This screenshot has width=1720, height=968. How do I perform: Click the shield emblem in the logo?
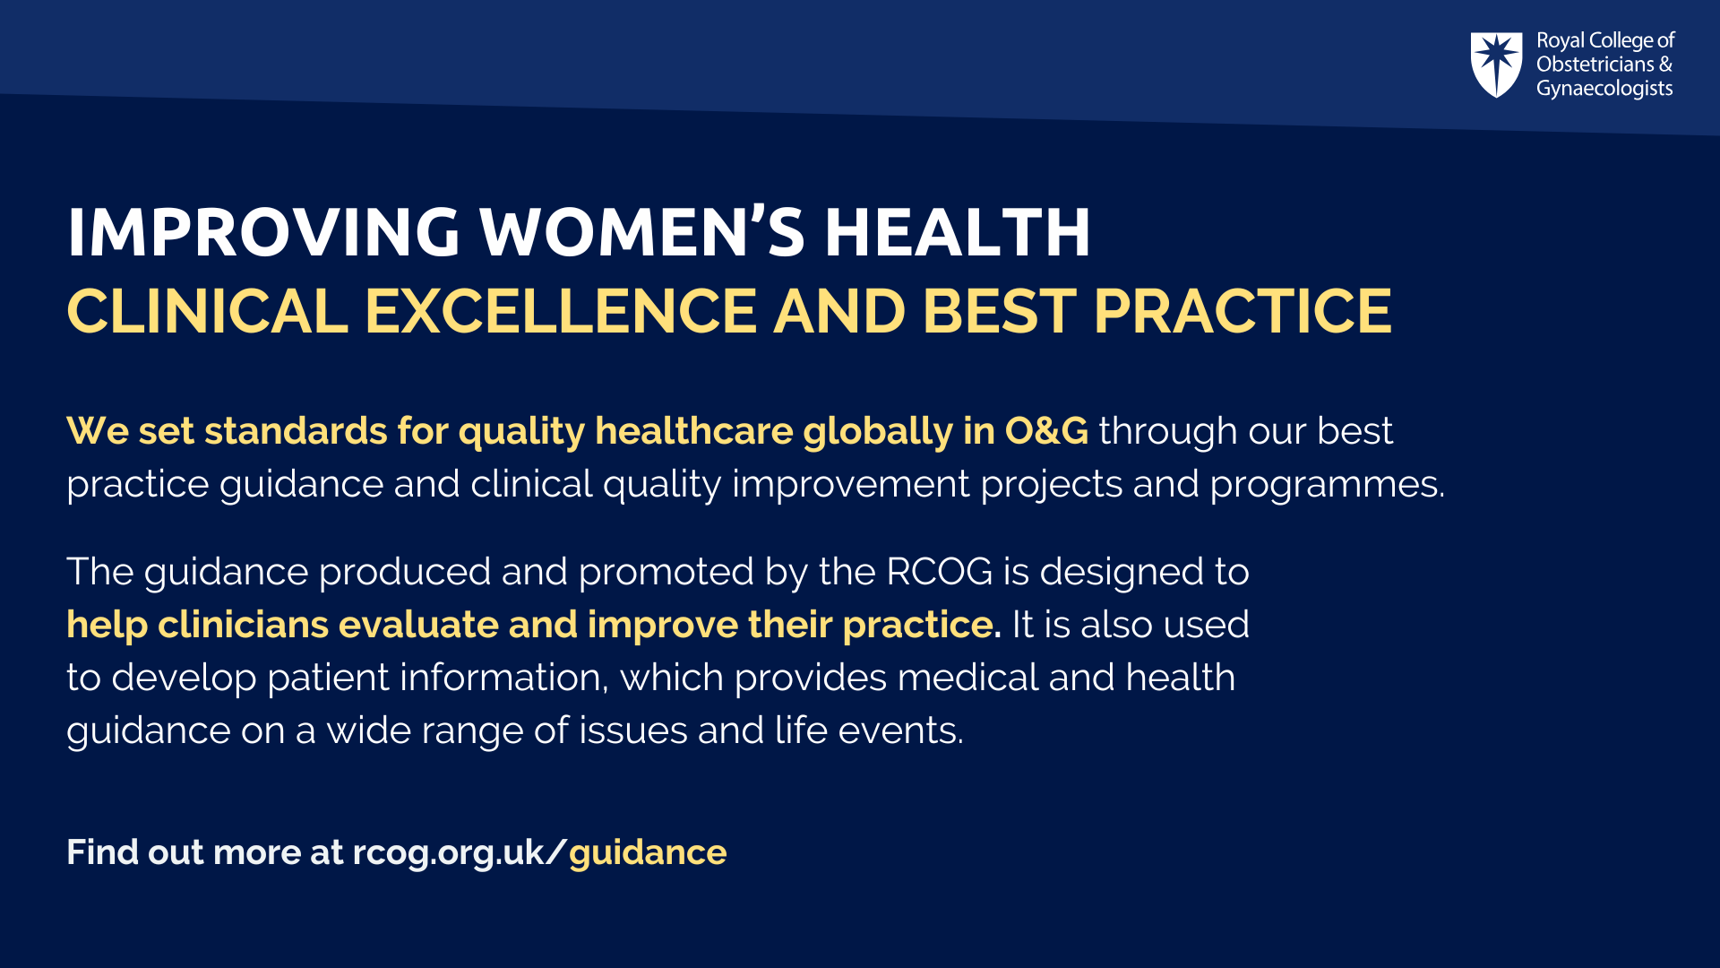point(1496,65)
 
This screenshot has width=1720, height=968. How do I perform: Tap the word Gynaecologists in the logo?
point(1604,89)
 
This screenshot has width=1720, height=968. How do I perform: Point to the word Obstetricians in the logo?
point(1595,65)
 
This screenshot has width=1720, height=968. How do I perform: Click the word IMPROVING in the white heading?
point(263,232)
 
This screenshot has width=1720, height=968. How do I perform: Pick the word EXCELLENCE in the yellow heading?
point(562,311)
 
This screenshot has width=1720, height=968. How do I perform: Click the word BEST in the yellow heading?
point(1000,311)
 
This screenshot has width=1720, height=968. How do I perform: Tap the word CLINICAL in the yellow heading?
point(208,311)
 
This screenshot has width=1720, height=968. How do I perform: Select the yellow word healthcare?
point(694,431)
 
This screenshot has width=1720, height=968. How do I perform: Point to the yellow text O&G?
point(1046,431)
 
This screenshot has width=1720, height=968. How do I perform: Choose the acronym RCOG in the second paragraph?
point(940,572)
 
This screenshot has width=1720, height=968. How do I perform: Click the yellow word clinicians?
point(243,624)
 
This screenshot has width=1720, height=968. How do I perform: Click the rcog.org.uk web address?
point(448,853)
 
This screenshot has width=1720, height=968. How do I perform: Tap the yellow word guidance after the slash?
point(648,853)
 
